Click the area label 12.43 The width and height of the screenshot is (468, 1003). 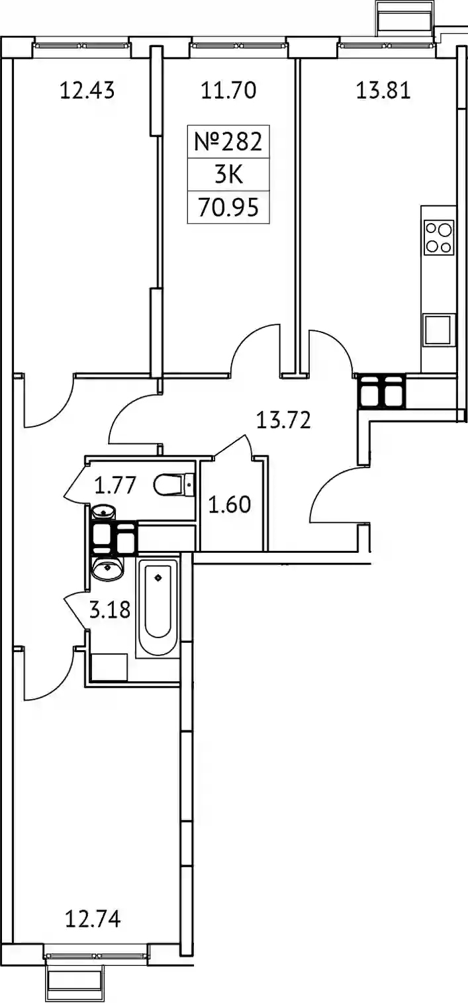[87, 91]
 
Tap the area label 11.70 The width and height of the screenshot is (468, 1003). [228, 91]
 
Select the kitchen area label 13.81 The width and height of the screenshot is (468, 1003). [383, 91]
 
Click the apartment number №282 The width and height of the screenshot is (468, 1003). [228, 142]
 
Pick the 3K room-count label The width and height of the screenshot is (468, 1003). [228, 175]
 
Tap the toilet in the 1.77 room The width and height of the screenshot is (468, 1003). [174, 485]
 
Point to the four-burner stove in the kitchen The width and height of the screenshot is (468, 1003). [439, 237]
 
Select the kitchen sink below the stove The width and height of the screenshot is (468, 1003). [438, 330]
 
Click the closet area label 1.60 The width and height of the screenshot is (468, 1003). [229, 504]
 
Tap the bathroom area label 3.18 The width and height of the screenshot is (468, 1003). [110, 610]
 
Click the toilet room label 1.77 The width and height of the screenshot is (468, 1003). [115, 485]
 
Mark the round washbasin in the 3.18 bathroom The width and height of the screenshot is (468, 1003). [107, 568]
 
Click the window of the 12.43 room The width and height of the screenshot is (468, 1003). [83, 45]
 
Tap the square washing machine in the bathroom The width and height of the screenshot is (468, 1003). [109, 667]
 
